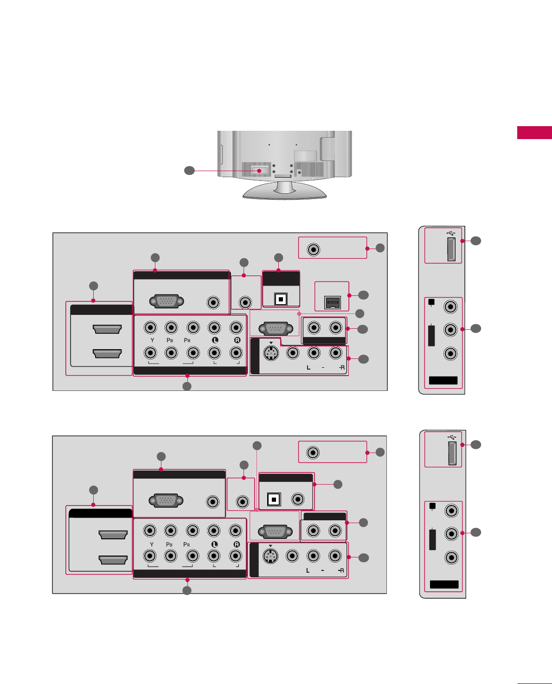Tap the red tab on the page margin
click(x=534, y=133)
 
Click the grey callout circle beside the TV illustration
click(x=189, y=171)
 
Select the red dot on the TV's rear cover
click(x=259, y=171)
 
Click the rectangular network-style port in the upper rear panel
click(x=332, y=302)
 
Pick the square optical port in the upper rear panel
click(x=281, y=299)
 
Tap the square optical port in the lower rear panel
click(x=274, y=500)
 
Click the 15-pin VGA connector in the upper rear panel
click(x=167, y=302)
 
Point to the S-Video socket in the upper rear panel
click(x=271, y=353)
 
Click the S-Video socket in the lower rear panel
click(x=270, y=556)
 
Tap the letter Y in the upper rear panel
click(x=152, y=340)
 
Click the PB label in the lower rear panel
click(x=169, y=544)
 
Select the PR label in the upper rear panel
click(x=187, y=340)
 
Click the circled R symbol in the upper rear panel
click(x=237, y=340)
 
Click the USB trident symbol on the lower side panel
click(x=453, y=437)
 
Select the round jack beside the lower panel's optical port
click(x=297, y=499)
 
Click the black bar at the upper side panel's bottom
click(x=443, y=381)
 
